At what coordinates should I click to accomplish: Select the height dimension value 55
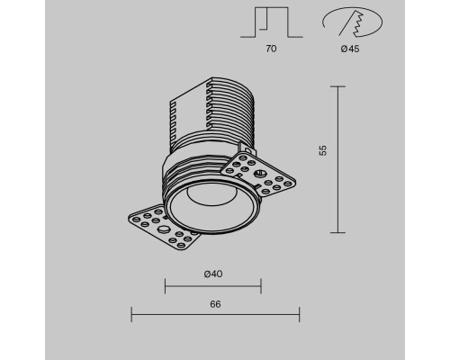[x=321, y=152]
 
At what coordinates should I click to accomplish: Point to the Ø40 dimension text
[x=212, y=273]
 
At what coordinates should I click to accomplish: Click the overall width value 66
[x=215, y=303]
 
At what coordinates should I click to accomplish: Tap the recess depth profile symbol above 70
[x=272, y=23]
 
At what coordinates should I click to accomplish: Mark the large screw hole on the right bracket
[x=260, y=173]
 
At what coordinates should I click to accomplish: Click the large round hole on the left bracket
[x=164, y=230]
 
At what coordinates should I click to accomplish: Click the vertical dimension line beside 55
[x=337, y=158]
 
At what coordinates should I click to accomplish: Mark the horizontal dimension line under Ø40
[x=212, y=287]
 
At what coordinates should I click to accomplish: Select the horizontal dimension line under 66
[x=215, y=314]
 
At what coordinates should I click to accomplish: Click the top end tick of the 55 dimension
[x=337, y=86]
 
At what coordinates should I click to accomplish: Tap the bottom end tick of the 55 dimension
[x=337, y=230]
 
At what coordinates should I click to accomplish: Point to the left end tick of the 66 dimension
[x=132, y=314]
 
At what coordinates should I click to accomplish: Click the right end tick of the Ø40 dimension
[x=261, y=287]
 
